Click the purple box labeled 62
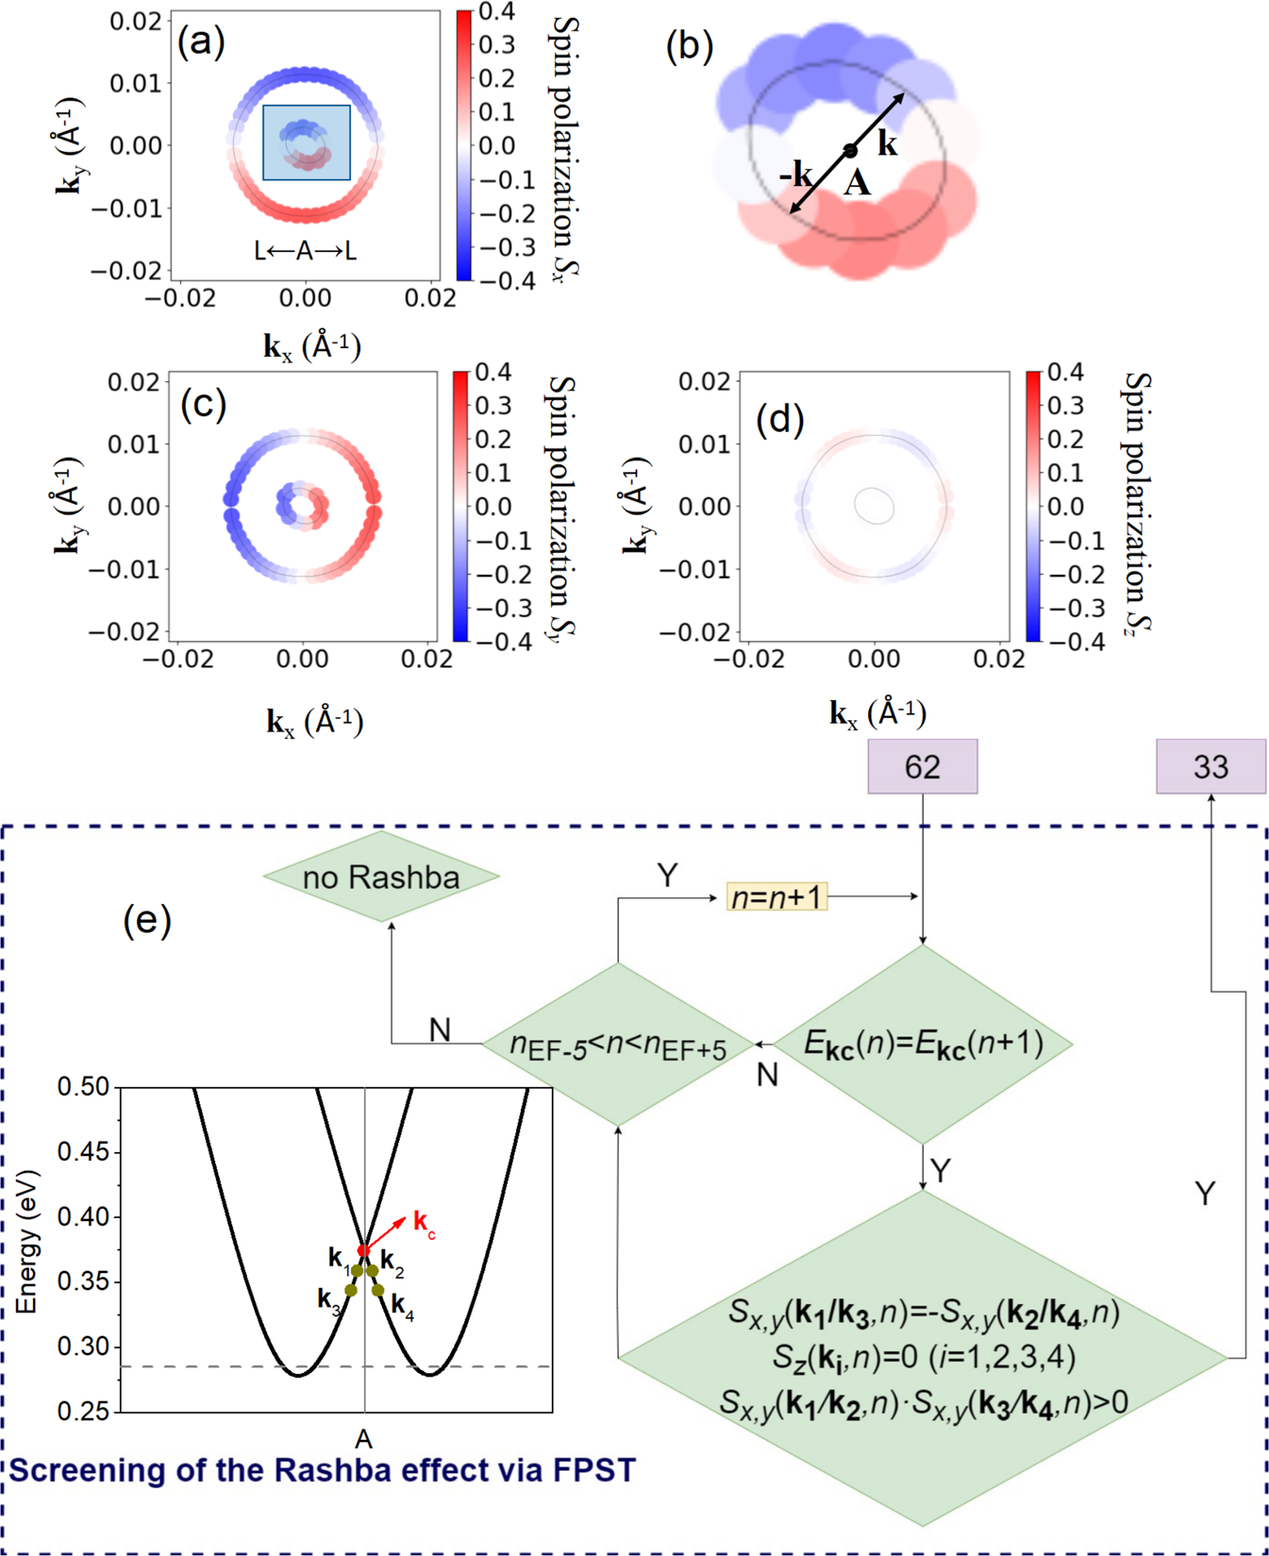(x=922, y=766)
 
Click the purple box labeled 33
(x=1211, y=766)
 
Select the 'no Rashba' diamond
(x=381, y=877)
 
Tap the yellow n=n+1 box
(x=776, y=896)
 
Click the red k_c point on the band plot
(x=363, y=1250)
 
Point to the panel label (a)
(x=201, y=42)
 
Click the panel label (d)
(x=779, y=419)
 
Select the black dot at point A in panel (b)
(x=850, y=151)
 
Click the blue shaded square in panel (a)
(x=307, y=142)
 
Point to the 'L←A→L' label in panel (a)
(x=305, y=251)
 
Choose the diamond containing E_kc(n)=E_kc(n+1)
(x=923, y=1044)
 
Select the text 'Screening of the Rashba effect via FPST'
(x=322, y=1470)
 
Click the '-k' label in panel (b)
(x=795, y=174)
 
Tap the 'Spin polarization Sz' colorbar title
(x=1139, y=502)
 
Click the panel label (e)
(x=147, y=919)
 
